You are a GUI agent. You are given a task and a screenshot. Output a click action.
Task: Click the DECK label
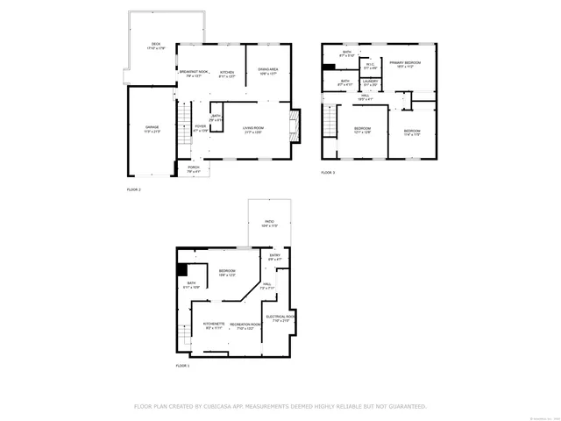155,44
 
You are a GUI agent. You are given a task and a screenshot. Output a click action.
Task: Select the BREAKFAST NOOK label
193,72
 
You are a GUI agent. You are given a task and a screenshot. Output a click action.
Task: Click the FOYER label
201,126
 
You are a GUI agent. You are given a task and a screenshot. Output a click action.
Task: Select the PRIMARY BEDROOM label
406,62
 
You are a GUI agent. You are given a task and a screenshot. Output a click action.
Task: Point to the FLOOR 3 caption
327,173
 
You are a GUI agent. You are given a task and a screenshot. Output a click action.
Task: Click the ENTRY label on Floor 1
274,256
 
